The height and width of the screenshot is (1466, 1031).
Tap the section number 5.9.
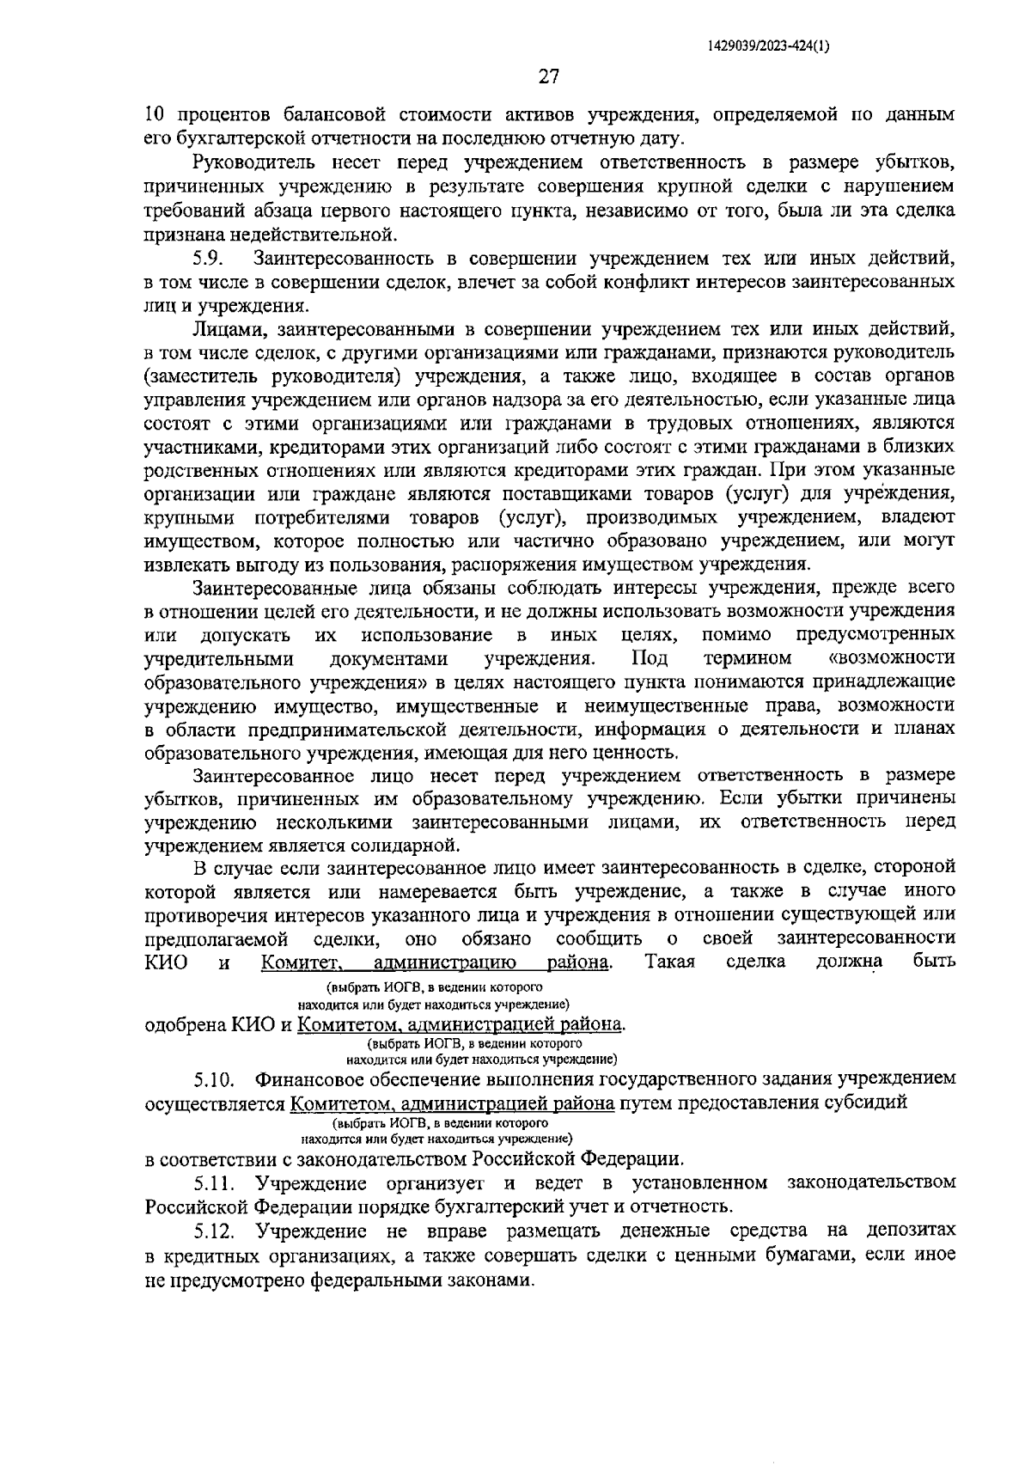[x=209, y=258]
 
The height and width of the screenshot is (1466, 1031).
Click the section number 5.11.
[x=214, y=1182]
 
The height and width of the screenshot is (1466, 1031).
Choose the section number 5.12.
[x=214, y=1231]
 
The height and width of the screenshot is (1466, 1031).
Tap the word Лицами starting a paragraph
[x=230, y=328]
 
